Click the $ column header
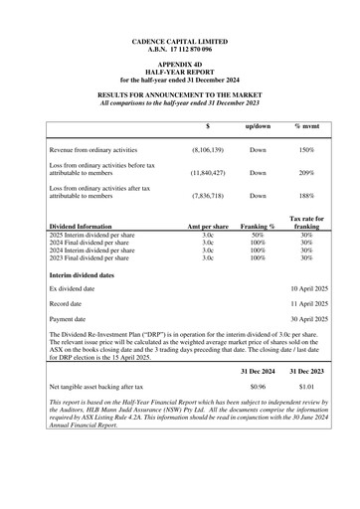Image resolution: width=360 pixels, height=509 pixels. click(207, 127)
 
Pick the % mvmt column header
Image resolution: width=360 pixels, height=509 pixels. click(306, 127)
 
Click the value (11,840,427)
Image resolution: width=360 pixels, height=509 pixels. click(207, 172)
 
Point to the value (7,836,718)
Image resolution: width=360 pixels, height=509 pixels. click(207, 196)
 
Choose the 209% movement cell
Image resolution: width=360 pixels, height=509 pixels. click(306, 172)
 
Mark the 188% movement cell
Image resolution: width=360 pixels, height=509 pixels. click(306, 196)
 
